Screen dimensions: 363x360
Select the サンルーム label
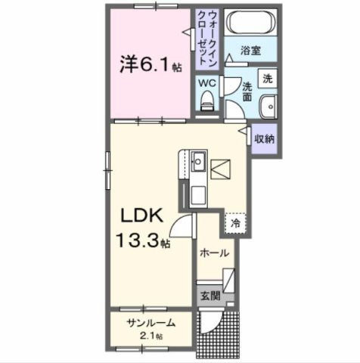[151, 323]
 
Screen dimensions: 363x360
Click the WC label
[207, 83]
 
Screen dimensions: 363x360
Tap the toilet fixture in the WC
[207, 101]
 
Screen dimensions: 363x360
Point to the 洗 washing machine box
[267, 78]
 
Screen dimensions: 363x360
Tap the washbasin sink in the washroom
[268, 106]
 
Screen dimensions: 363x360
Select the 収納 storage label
[264, 139]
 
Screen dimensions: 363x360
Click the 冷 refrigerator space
[236, 224]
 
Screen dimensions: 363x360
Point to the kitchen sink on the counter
[198, 161]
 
